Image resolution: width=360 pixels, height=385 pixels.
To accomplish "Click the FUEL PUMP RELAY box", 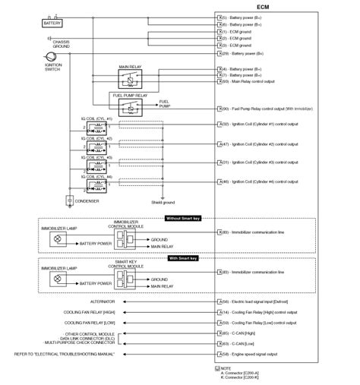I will tap(132, 107).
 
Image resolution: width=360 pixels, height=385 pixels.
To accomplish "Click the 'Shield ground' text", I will tap(163, 202).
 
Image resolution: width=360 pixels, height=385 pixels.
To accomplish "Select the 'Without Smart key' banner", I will tap(185, 219).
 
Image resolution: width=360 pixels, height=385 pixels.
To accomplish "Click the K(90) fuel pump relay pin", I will tap(223, 109).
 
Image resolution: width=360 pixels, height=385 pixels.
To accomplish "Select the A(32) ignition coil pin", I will tap(223, 123).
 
